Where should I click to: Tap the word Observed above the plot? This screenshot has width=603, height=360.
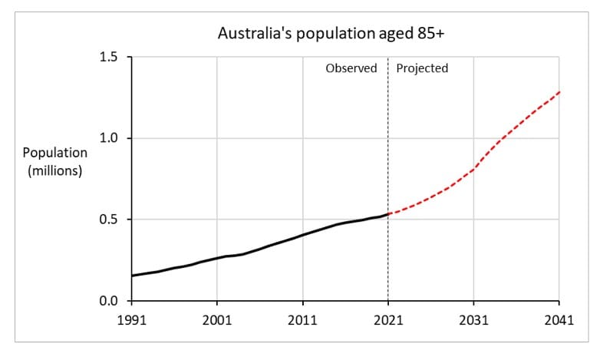351,68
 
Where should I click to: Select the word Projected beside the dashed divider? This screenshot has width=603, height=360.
422,68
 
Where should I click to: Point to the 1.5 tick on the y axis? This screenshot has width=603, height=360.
110,58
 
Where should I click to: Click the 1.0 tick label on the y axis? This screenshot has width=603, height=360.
110,138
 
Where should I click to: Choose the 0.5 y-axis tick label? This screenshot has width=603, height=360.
110,220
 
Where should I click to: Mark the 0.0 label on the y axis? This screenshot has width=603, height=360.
110,301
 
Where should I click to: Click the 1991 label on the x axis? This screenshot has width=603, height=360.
131,319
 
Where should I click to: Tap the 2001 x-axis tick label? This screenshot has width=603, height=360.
216,319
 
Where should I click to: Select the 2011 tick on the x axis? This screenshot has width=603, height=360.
302,319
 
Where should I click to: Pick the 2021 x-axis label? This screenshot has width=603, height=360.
388,319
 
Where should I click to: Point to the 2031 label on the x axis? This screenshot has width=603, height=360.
473,319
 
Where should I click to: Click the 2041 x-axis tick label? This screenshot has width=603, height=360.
559,319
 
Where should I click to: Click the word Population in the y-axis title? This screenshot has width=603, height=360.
54,154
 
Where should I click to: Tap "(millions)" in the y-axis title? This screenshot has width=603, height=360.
54,170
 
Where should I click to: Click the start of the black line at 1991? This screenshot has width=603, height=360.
132,276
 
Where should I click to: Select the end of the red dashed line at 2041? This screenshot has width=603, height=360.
559,92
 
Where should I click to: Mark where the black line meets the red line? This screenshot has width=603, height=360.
388,214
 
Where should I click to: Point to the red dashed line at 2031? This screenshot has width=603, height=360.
473,169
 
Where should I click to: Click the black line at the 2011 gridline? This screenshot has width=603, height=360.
302,235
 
